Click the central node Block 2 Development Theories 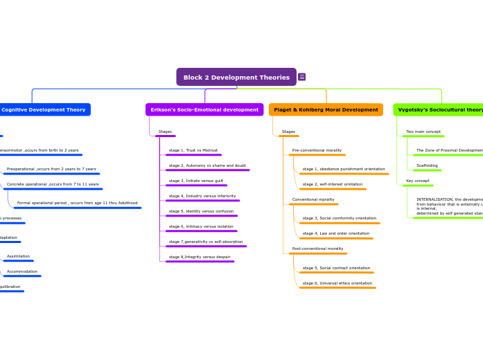[x=236, y=77]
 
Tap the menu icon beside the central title [x=302, y=77]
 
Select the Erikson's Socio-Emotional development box [x=204, y=109]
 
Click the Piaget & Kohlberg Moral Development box [x=326, y=109]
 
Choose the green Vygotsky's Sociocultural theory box [x=439, y=109]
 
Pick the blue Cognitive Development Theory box [x=44, y=109]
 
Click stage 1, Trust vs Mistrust [x=193, y=150]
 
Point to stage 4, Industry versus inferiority [x=202, y=196]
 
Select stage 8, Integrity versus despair [x=200, y=257]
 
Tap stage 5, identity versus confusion [x=201, y=211]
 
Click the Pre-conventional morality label [x=317, y=150]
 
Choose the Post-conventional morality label [x=317, y=249]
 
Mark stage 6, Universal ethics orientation [x=337, y=283]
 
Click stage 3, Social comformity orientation [x=340, y=218]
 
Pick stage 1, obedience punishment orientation [x=344, y=169]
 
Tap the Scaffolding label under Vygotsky [x=427, y=165]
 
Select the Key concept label [x=418, y=181]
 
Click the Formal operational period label [x=77, y=203]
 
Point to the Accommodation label [x=22, y=271]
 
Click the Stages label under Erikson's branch [x=165, y=132]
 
